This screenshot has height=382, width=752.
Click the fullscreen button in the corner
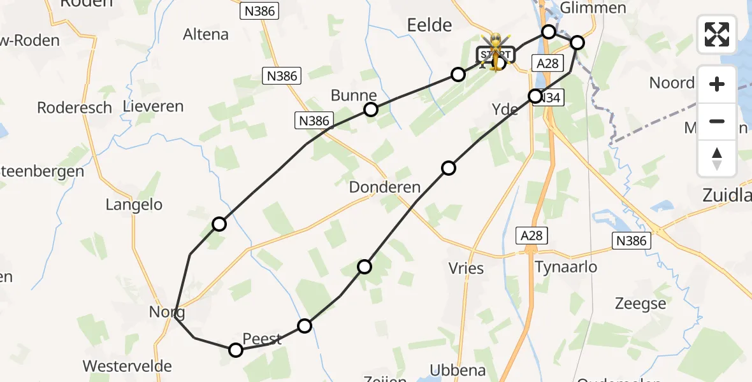pyautogui.click(x=717, y=34)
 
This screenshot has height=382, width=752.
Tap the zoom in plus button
pyautogui.click(x=717, y=84)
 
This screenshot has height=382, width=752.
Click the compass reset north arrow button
pyautogui.click(x=717, y=159)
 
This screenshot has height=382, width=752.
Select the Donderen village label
pyautogui.click(x=385, y=188)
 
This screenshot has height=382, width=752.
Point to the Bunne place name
pyautogui.click(x=354, y=96)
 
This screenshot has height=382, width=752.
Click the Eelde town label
pyautogui.click(x=430, y=25)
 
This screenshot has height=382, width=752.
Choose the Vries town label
pyautogui.click(x=466, y=268)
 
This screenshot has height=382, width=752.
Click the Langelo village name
pyautogui.click(x=134, y=205)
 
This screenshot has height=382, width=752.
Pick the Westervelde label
pyautogui.click(x=127, y=366)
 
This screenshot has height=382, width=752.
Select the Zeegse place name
pyautogui.click(x=640, y=304)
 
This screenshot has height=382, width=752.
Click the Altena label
pyautogui.click(x=206, y=34)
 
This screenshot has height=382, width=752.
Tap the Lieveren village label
pyautogui.click(x=154, y=106)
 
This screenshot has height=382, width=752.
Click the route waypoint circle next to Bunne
pyautogui.click(x=370, y=110)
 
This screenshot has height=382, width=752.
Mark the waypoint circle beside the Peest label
pyautogui.click(x=236, y=350)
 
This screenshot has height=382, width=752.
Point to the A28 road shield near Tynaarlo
pyautogui.click(x=531, y=236)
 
